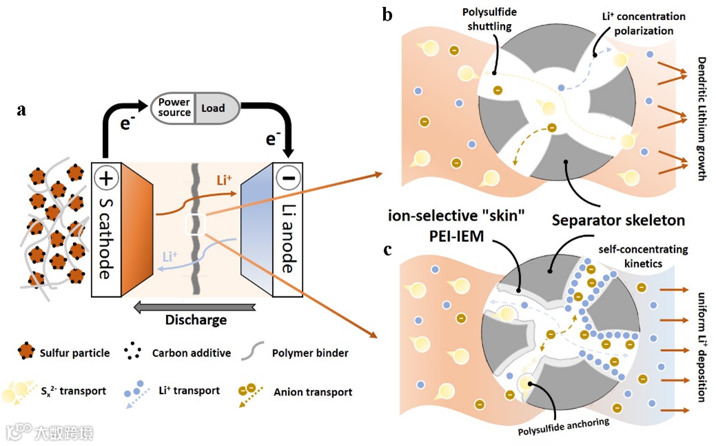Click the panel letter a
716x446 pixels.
click(21, 110)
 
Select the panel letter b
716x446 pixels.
click(387, 14)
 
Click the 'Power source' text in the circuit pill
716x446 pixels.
click(174, 108)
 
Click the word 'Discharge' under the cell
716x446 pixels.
click(195, 320)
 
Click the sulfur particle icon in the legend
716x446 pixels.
click(27, 352)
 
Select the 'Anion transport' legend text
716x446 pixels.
click(313, 392)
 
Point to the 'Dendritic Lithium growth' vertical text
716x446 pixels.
click(702, 117)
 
